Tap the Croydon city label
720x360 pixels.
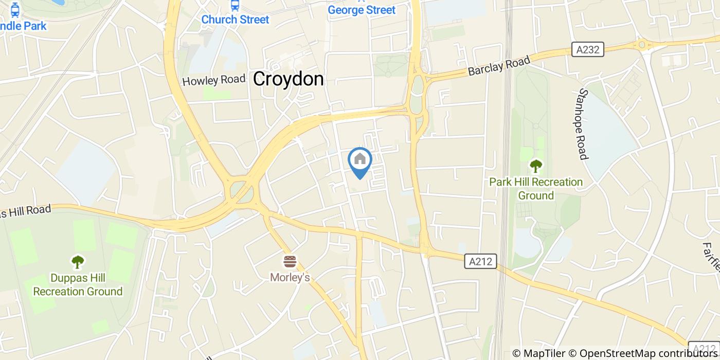tap(289, 79)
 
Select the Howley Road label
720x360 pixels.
tap(214, 80)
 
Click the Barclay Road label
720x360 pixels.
tap(498, 66)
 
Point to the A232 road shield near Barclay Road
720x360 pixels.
tap(588, 49)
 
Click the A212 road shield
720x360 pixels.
tap(481, 261)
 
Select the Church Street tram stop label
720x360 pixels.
tap(235, 20)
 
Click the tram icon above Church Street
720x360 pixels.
tap(235, 5)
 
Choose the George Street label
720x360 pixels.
tap(362, 10)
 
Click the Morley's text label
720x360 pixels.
tap(290, 278)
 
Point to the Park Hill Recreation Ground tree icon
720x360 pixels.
tap(536, 166)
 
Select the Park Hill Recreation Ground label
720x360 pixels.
tap(536, 189)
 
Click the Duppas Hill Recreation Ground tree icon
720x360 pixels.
tap(78, 262)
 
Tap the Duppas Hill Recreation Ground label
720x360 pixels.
tap(78, 285)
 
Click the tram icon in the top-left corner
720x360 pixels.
tap(15, 9)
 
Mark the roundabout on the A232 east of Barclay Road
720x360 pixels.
tap(642, 45)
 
